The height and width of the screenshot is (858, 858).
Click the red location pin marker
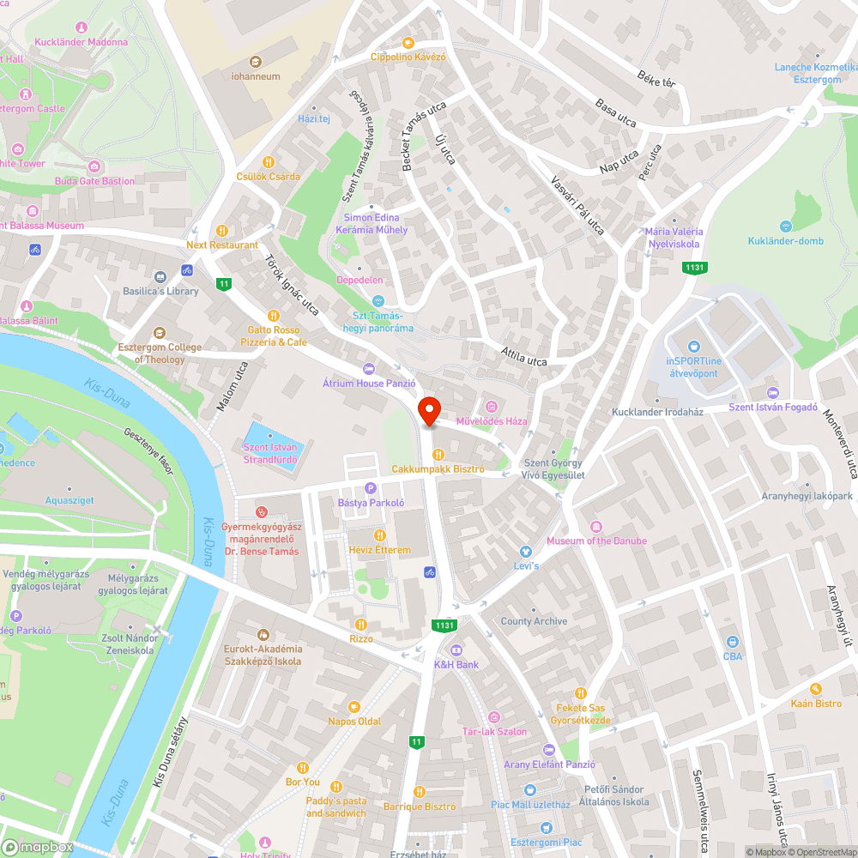pos(428,411)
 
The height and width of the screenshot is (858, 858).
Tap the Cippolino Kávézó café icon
pos(408,42)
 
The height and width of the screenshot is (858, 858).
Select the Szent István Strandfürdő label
pos(270,452)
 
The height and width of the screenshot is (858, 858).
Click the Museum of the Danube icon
pos(596,526)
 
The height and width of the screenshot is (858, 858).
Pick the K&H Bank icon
pos(456,650)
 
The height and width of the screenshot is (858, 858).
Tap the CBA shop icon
pos(732,642)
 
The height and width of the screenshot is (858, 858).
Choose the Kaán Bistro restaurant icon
pos(816,689)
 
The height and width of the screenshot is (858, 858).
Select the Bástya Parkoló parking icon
pos(371,487)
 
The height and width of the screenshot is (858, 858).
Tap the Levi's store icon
pos(526,552)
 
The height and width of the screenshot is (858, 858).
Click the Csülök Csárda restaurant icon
pos(268,161)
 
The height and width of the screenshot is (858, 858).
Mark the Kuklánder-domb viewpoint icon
pos(785,226)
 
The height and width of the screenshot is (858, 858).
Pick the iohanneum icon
pos(256,62)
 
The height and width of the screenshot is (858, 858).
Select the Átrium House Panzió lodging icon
pos(369,369)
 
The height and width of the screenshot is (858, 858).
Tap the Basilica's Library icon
pos(160,276)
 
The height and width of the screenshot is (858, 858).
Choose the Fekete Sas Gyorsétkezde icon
pos(581,693)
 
